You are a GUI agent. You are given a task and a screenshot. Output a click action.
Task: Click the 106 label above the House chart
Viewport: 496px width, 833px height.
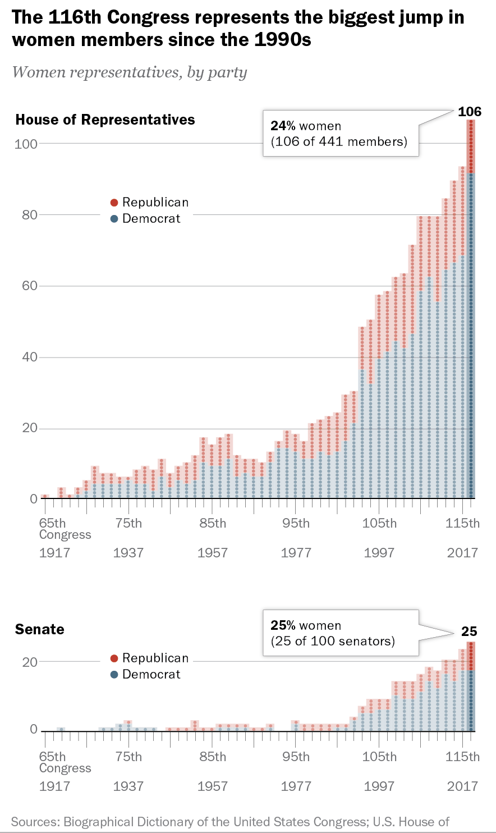click(470, 111)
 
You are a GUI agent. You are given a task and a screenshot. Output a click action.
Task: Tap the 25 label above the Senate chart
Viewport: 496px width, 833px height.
click(469, 631)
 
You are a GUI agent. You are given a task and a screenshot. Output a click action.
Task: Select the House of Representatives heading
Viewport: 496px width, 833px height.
click(105, 120)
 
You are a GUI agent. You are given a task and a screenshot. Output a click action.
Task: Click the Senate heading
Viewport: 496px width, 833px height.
click(39, 629)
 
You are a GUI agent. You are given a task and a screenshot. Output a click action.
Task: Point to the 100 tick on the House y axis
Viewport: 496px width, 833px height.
click(26, 144)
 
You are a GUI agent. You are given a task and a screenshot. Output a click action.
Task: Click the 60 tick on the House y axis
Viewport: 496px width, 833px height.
click(29, 286)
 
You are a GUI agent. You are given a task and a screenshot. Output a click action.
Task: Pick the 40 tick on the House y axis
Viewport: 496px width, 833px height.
click(29, 357)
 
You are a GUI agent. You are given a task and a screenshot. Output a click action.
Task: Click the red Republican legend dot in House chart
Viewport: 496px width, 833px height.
click(114, 203)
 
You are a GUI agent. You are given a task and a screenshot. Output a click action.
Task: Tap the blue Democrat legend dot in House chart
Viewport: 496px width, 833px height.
click(114, 219)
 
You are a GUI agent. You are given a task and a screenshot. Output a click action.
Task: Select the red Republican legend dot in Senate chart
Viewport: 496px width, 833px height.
click(114, 658)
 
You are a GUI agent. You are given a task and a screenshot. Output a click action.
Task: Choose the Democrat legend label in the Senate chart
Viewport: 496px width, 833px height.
click(151, 674)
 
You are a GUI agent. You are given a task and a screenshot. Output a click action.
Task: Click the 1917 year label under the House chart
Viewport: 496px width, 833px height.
click(54, 553)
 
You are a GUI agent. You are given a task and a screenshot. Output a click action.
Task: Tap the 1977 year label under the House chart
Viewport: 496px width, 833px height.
click(296, 553)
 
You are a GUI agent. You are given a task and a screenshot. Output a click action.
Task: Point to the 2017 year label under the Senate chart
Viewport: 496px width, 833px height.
click(462, 786)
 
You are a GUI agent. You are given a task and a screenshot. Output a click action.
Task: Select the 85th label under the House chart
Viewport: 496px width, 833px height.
click(213, 524)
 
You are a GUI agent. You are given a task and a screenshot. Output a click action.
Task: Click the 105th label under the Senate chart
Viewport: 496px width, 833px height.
click(379, 757)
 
